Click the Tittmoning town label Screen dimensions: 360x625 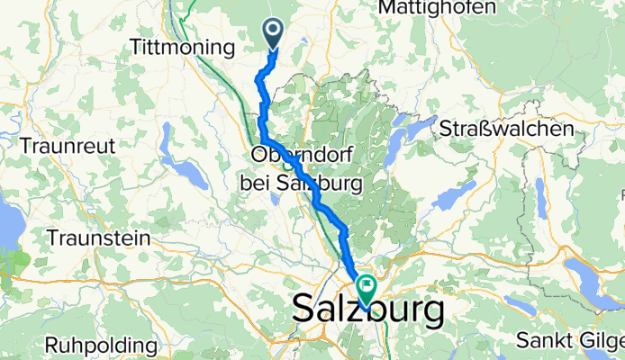175,46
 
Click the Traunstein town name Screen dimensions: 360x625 98,238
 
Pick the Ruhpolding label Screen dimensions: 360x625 100,345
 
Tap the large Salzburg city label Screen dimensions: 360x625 369,312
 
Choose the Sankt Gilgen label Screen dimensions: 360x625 569,341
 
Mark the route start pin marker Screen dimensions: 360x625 273,35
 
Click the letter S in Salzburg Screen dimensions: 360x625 306,312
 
